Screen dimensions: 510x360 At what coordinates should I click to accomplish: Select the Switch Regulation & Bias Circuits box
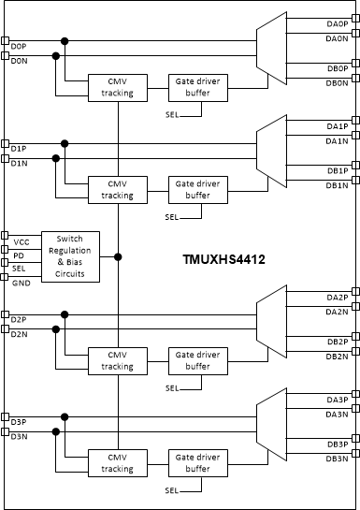pos(69,255)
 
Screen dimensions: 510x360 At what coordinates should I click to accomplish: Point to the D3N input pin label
pos(19,436)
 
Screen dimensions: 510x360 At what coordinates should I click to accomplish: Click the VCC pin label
pos(21,241)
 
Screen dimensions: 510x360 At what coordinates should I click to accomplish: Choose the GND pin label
pos(21,282)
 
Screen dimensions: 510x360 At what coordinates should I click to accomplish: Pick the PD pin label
pos(18,255)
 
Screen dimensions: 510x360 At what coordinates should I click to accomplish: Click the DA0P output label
pos(337,23)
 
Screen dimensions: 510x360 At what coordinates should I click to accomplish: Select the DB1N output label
pos(337,186)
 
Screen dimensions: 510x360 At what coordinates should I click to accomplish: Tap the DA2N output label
pos(337,312)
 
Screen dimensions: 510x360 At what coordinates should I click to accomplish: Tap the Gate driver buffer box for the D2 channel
pos(198,360)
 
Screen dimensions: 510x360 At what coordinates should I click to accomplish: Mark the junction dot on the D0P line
pos(65,40)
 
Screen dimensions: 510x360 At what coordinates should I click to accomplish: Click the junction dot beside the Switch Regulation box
pos(118,256)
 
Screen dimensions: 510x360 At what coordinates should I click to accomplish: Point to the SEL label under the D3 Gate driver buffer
pos(171,490)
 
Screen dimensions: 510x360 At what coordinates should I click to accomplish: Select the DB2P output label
pos(337,341)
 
